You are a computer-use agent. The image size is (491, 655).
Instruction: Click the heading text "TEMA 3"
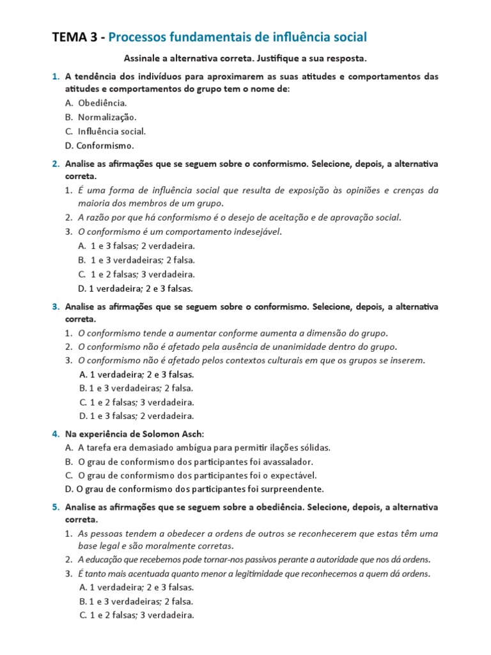pos(75,37)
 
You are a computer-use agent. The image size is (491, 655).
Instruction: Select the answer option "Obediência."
pos(102,103)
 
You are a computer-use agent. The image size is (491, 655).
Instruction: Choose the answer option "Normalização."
pos(107,117)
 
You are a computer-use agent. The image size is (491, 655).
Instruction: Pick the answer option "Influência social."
pos(112,131)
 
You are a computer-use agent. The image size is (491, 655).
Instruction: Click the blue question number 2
pos(56,164)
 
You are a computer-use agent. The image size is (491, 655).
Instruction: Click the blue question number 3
pos(56,306)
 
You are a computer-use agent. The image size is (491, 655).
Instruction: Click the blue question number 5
pos(56,507)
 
